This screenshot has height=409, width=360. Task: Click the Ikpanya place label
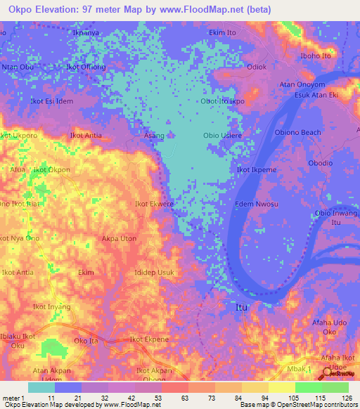coord(88,32)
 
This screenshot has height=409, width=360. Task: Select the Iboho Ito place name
coord(314,56)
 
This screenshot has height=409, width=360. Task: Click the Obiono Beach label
coord(297,132)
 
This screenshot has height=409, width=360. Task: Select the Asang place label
coord(154,135)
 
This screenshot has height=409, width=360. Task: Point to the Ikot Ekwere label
coord(154,204)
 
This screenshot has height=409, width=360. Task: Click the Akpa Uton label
coord(120,239)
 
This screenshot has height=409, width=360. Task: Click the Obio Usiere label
coord(223,135)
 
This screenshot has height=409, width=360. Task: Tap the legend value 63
coord(165,398)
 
